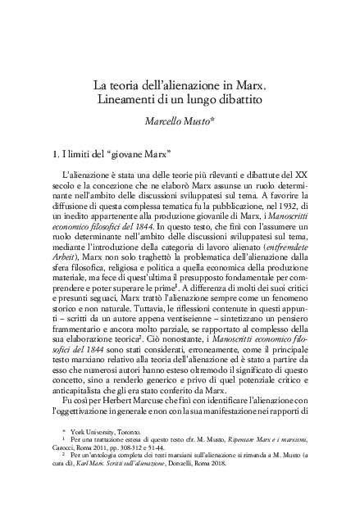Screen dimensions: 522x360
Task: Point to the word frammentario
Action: point(80,325)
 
